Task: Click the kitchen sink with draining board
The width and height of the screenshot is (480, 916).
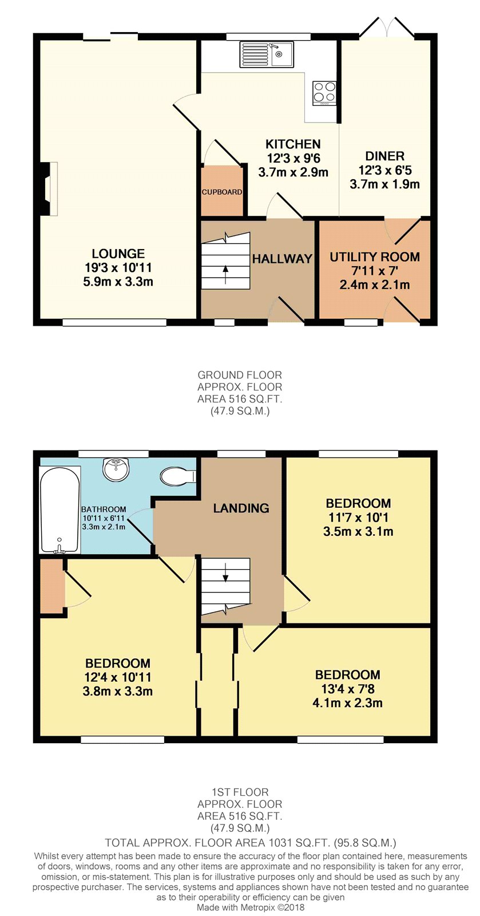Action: point(267,54)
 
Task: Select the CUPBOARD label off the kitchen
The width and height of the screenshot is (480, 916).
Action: point(222,192)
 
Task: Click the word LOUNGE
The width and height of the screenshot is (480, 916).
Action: point(118,254)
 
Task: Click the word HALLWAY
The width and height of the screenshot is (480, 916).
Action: point(282,258)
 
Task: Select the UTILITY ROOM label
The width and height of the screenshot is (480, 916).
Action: point(375,257)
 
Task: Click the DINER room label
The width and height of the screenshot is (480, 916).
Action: point(385,156)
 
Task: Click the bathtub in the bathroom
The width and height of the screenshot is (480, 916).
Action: point(59,510)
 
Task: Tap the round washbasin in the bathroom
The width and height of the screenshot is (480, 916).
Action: point(117,470)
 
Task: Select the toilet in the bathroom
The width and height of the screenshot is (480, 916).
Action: point(178,477)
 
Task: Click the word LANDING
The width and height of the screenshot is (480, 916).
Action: point(241,508)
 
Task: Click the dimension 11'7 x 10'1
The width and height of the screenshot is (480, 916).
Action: point(358,518)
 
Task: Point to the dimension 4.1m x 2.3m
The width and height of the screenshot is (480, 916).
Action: point(347,703)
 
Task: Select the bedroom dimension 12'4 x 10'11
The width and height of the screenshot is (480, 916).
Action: point(118,677)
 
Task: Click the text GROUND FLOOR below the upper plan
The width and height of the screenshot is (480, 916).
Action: point(240,374)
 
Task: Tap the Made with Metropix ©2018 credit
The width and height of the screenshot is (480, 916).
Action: point(251,907)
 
